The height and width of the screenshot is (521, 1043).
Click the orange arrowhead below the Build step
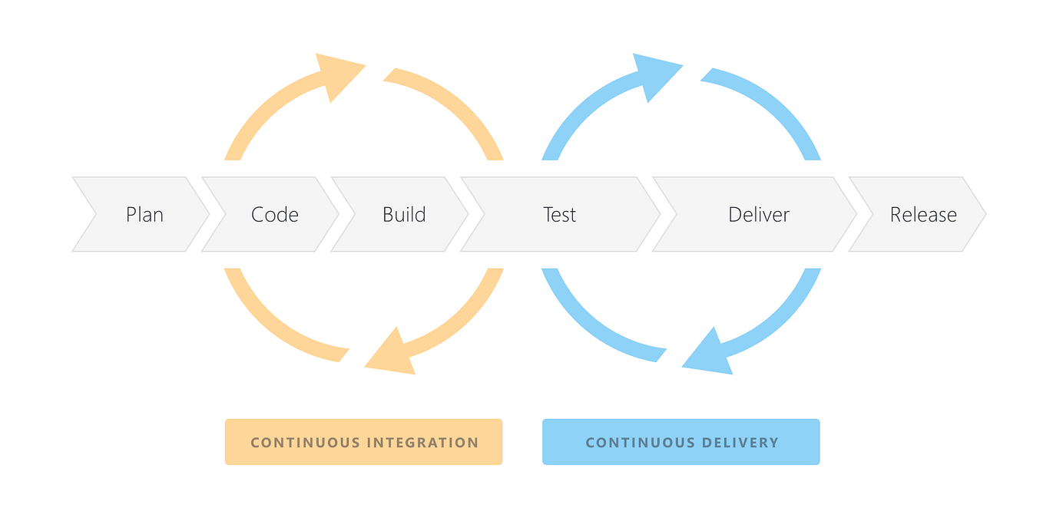click(392, 355)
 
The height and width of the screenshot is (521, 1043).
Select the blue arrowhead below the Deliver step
click(710, 355)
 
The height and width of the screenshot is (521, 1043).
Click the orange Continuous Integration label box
click(363, 442)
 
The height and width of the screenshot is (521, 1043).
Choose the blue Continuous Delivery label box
click(680, 442)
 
